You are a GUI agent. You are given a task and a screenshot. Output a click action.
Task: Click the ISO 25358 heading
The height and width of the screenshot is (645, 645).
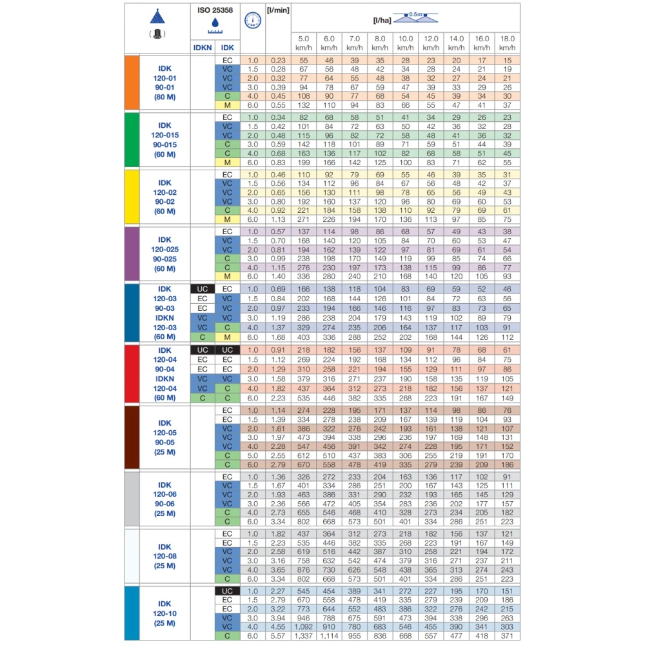pos(215,10)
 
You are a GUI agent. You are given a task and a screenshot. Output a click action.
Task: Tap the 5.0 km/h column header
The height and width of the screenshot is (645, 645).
pos(304,43)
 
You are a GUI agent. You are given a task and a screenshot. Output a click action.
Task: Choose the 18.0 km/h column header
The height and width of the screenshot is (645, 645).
pos(507,43)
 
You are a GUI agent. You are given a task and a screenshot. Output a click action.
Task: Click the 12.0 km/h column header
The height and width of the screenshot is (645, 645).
pos(431,43)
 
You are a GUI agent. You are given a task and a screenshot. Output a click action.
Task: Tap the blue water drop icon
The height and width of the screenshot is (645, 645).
pos(215,23)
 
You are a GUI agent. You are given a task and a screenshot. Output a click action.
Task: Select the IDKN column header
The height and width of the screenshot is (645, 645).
pos(202,48)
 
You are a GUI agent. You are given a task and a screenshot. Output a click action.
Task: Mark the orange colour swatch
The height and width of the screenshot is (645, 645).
pos(132,83)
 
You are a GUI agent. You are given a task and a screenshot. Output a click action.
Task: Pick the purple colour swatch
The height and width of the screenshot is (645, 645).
pos(132,253)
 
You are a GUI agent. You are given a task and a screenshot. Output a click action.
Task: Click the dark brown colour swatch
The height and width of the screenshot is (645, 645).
pos(132,437)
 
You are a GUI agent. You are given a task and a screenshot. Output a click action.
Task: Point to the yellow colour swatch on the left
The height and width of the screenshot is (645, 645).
pos(132,197)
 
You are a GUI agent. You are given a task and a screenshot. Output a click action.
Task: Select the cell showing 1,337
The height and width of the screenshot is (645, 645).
pos(304,637)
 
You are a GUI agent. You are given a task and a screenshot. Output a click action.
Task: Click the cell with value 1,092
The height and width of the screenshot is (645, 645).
pos(304,627)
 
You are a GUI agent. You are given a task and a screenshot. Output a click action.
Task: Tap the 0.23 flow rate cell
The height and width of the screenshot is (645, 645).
pos(278,60)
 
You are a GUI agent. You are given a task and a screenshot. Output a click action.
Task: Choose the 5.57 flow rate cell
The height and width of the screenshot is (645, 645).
pos(278,637)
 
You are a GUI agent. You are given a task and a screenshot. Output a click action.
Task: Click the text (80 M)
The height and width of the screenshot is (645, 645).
pos(164,97)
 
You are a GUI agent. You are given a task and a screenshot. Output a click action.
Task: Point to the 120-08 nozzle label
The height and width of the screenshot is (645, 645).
pos(164,556)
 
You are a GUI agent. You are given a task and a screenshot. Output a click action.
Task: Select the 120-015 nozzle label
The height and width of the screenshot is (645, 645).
pos(164,135)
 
